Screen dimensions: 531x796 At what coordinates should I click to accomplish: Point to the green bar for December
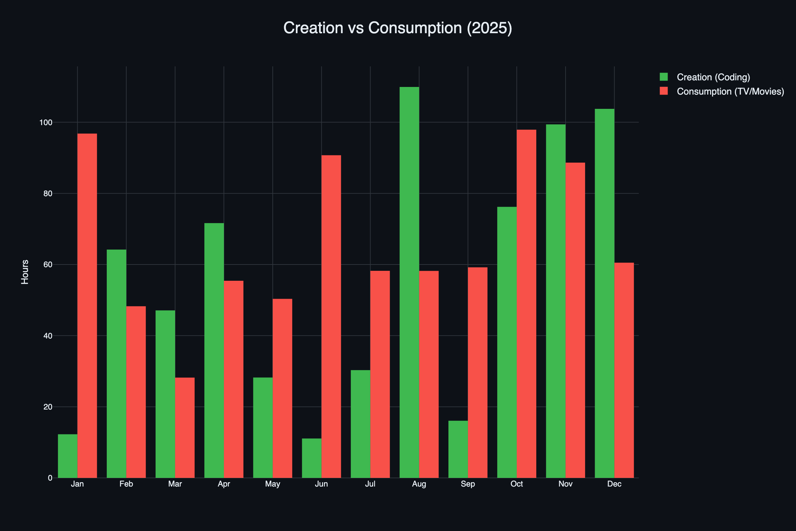[x=604, y=293]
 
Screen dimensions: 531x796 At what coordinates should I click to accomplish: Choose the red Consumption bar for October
[x=527, y=303]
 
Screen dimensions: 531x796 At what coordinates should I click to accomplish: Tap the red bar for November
[x=575, y=320]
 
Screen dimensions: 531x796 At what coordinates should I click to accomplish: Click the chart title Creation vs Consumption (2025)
[x=398, y=28]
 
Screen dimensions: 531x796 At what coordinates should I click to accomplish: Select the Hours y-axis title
[x=25, y=272]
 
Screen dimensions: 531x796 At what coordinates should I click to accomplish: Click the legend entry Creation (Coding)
[x=713, y=77]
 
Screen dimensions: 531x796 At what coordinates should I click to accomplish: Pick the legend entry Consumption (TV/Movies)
[x=730, y=92]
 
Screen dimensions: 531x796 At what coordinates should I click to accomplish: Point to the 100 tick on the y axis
[x=46, y=122]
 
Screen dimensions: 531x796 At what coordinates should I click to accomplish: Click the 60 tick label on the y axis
[x=48, y=265]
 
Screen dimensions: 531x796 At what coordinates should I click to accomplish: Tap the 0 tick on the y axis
[x=50, y=478]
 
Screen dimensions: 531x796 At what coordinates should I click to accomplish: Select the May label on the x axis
[x=273, y=484]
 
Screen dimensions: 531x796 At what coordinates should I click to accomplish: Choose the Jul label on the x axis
[x=370, y=484]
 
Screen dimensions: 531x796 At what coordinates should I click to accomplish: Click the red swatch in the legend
[x=664, y=91]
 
